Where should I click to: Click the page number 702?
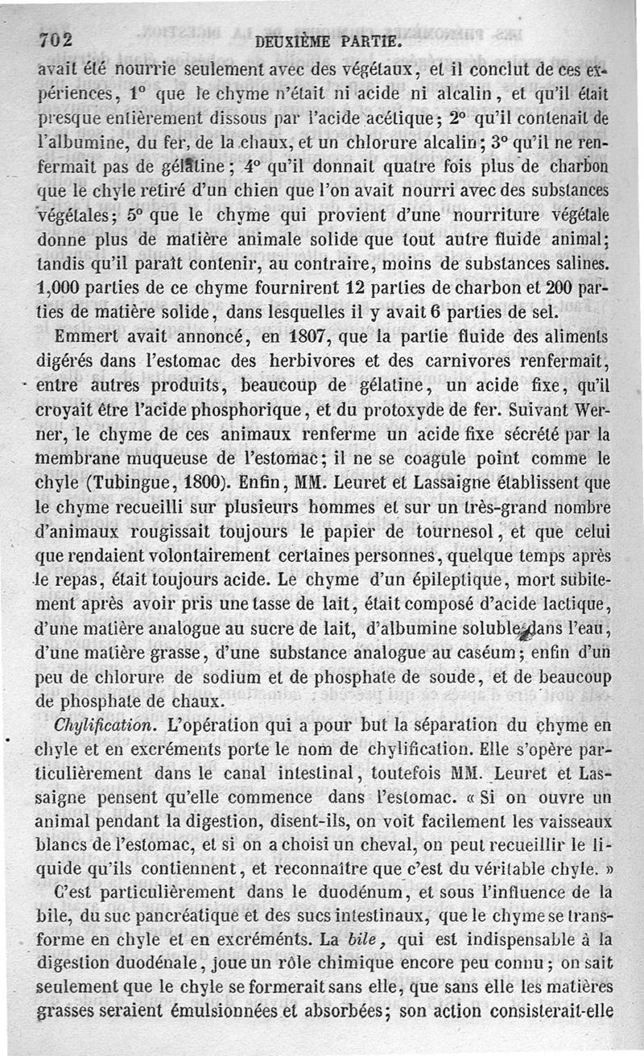point(56,39)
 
